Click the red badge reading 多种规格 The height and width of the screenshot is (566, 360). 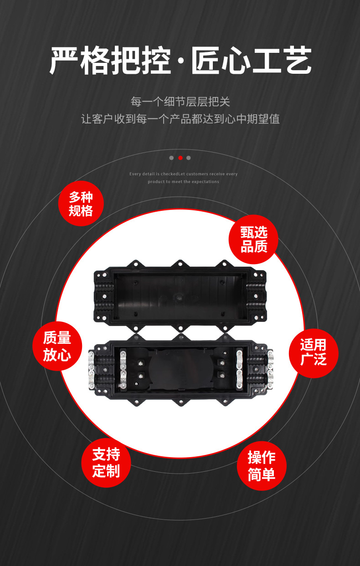(x=81, y=204)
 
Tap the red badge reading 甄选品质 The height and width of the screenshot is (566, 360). (x=253, y=240)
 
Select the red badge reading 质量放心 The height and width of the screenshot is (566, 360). (x=57, y=346)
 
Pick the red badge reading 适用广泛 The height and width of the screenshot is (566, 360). (x=314, y=353)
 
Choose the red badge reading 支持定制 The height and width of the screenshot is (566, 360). (x=106, y=463)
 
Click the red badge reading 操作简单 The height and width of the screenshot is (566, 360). (x=262, y=466)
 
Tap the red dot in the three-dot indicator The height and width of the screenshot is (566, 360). (x=180, y=158)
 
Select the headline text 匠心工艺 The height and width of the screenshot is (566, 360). (x=251, y=61)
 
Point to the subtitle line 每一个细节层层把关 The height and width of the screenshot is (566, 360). (x=180, y=102)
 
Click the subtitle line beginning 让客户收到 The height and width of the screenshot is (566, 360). (x=180, y=119)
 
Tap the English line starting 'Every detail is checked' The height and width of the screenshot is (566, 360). (x=184, y=174)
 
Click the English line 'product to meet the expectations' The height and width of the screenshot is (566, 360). (x=184, y=182)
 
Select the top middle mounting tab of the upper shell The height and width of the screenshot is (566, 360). (x=180, y=264)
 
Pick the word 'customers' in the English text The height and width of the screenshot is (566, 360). (x=197, y=174)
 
